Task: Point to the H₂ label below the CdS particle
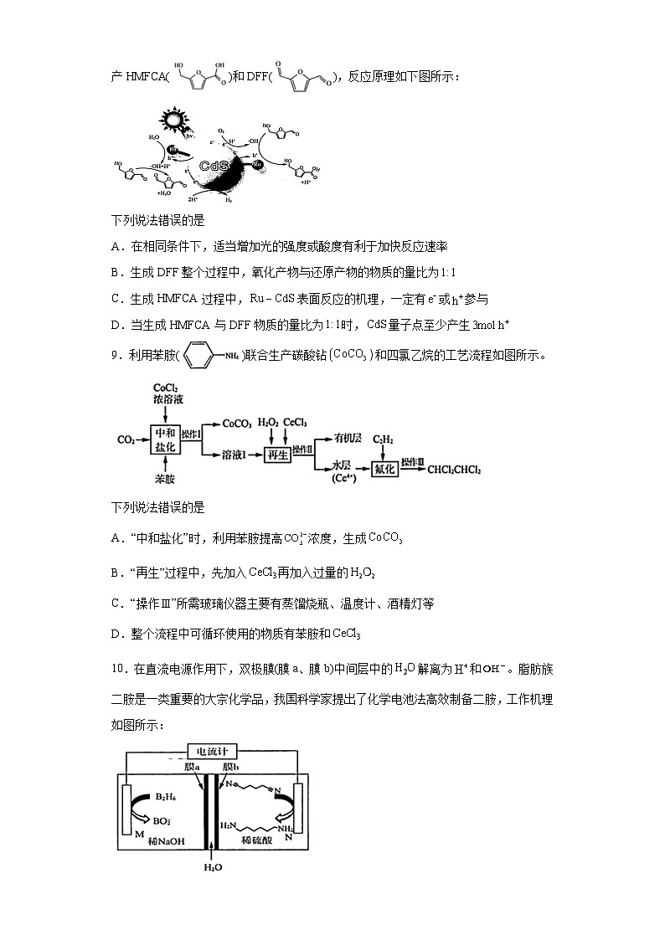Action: point(228,201)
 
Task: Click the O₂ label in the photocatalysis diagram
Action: point(221,132)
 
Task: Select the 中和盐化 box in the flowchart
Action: point(164,439)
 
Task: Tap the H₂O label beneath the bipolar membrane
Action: point(213,868)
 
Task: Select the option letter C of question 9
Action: point(116,603)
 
